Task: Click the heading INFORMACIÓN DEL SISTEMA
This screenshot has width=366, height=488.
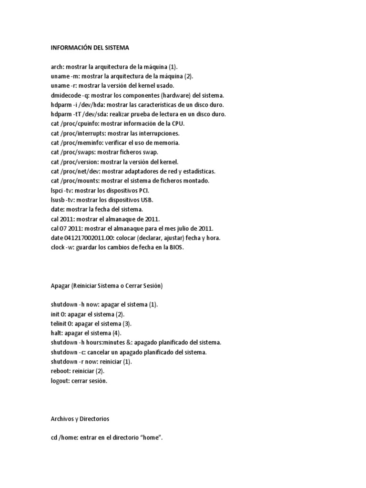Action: (x=90, y=48)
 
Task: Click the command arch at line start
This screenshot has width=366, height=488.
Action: (x=56, y=67)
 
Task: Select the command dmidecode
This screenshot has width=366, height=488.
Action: (x=65, y=96)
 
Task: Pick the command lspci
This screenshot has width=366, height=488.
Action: (x=57, y=190)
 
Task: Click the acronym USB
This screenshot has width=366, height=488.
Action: (x=147, y=200)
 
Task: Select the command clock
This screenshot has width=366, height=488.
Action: (x=58, y=247)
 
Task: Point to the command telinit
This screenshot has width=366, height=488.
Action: (x=59, y=324)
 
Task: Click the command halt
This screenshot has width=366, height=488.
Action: (x=56, y=333)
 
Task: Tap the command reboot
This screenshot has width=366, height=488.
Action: (x=60, y=371)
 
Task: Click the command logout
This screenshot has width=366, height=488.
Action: (x=60, y=380)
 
